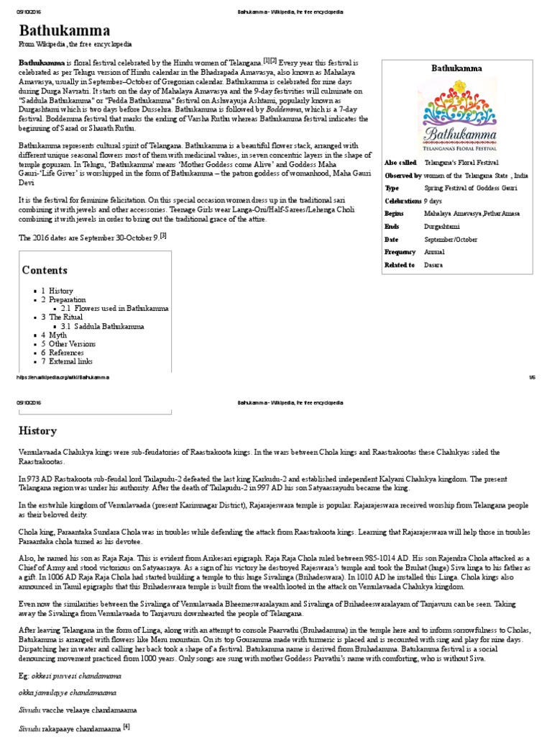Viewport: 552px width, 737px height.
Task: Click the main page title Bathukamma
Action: point(64,30)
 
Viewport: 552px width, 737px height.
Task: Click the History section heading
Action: point(38,430)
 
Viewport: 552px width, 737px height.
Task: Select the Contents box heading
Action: point(45,271)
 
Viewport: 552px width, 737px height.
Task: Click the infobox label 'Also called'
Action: point(400,163)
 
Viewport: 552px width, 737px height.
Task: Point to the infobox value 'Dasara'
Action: point(434,265)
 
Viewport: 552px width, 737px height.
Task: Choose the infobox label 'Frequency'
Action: point(400,252)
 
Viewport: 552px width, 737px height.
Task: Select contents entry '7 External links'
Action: point(69,361)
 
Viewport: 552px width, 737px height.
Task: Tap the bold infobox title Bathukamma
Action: point(456,68)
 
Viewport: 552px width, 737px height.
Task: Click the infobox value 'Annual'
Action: point(434,252)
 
